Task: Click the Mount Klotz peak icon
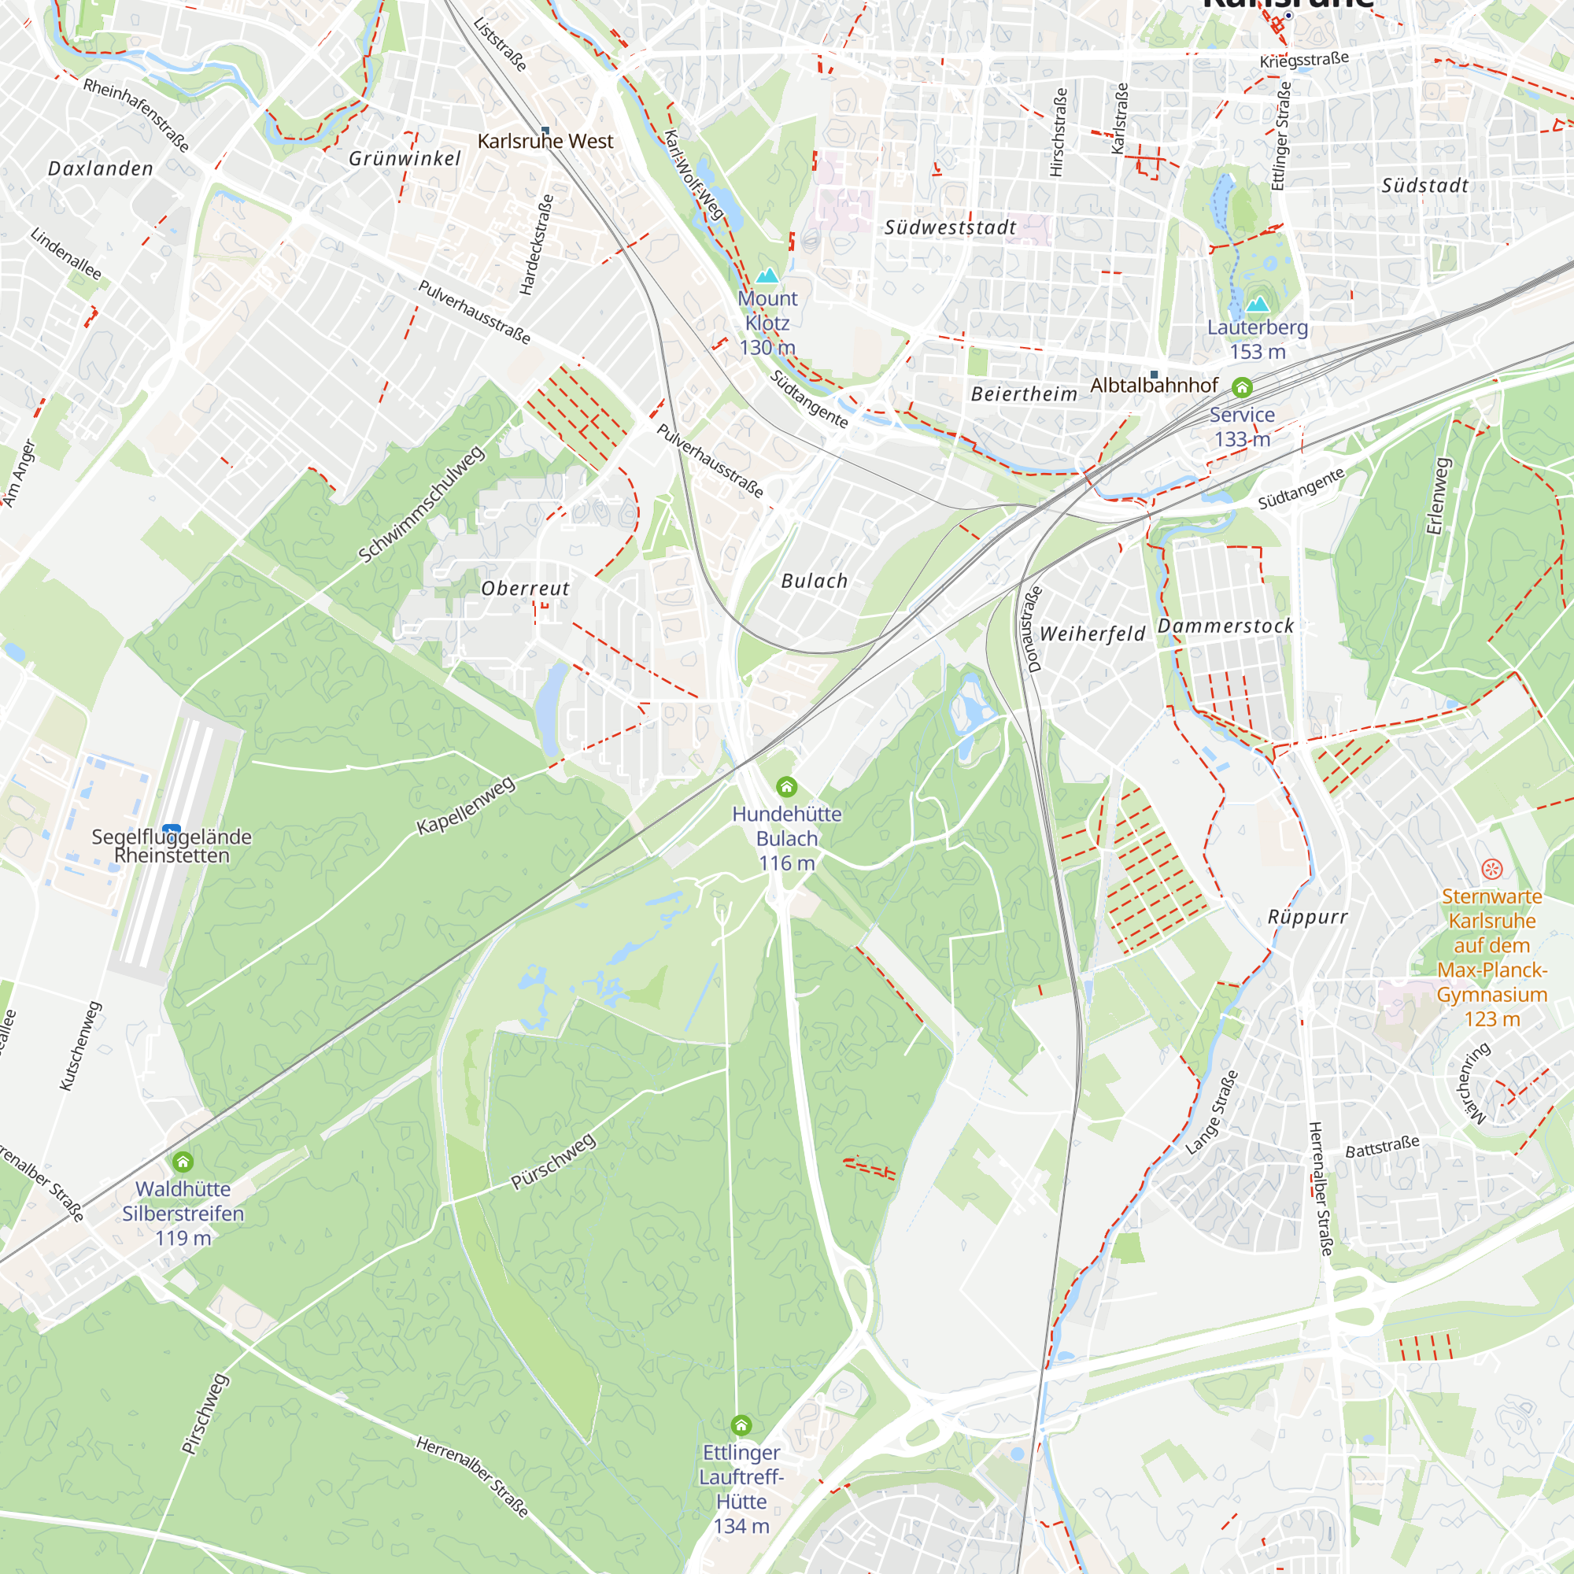click(x=767, y=275)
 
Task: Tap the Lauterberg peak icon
click(x=1257, y=304)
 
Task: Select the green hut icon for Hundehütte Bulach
click(x=786, y=786)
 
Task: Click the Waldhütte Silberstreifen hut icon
click(x=183, y=1162)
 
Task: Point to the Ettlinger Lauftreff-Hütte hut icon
click(x=741, y=1425)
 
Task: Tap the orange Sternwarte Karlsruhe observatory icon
click(x=1491, y=869)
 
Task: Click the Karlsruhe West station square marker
click(x=545, y=131)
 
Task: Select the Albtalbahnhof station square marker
click(x=1154, y=375)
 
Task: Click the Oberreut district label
click(x=526, y=588)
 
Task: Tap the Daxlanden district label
click(x=101, y=168)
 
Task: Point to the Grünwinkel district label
click(x=405, y=159)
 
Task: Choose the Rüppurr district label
click(x=1307, y=918)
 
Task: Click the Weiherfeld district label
click(x=1092, y=634)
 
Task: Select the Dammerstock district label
click(x=1226, y=626)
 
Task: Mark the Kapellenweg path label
click(x=466, y=805)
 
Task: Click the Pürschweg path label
click(x=553, y=1161)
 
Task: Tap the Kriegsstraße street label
click(x=1303, y=61)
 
